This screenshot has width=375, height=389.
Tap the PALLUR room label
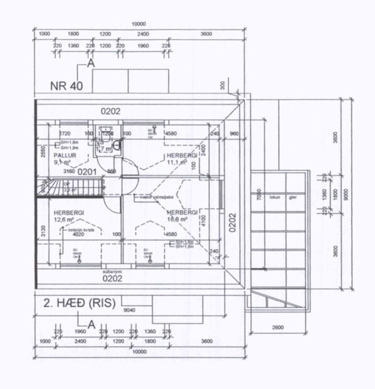point(63,154)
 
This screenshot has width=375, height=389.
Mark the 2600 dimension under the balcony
point(278,328)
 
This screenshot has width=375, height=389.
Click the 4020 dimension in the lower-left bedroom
point(79,234)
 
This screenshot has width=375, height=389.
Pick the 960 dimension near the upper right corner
point(235,134)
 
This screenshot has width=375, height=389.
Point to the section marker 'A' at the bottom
point(92,324)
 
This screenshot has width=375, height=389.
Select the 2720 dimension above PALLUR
point(64,134)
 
